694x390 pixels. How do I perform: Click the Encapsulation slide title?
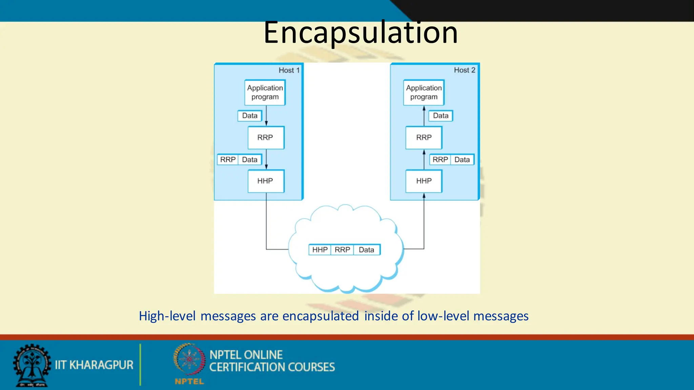(x=361, y=32)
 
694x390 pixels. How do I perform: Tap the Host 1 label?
(x=289, y=70)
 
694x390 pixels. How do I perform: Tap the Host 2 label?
(x=464, y=70)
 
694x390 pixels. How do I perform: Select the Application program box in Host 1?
(x=265, y=92)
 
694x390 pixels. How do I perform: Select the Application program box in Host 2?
(x=424, y=92)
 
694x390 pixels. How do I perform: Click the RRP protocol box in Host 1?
(x=266, y=137)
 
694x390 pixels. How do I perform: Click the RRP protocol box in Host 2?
(x=424, y=137)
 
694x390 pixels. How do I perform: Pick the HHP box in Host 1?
(x=266, y=181)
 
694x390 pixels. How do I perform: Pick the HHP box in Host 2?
(x=424, y=181)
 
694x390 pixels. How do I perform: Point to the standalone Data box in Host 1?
(x=250, y=116)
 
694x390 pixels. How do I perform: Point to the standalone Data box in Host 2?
(x=441, y=116)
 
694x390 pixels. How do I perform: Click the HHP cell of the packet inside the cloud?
(x=320, y=250)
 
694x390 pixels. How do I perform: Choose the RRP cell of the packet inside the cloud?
(x=342, y=250)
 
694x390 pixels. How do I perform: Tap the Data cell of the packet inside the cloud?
(x=366, y=250)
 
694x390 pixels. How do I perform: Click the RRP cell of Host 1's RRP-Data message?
(x=228, y=159)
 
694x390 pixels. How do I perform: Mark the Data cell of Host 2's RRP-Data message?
(x=462, y=159)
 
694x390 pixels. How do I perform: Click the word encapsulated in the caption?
(x=321, y=316)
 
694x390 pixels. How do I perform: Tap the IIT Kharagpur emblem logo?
(x=32, y=365)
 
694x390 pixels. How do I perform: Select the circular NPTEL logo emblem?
(x=189, y=360)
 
